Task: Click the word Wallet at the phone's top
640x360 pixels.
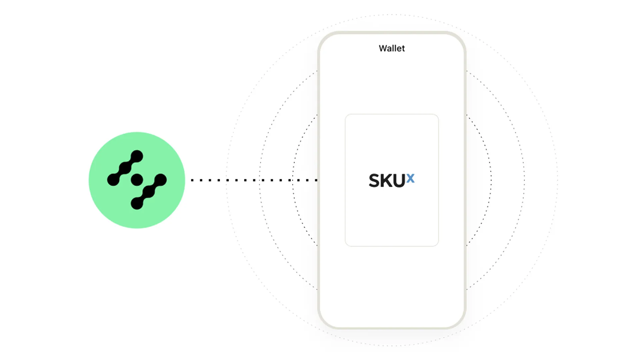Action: pyautogui.click(x=392, y=48)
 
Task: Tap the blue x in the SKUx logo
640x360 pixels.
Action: pyautogui.click(x=410, y=178)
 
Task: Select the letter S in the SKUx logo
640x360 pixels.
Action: pyautogui.click(x=375, y=180)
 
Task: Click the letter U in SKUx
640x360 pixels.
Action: pyautogui.click(x=400, y=180)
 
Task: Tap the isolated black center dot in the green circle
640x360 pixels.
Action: pyautogui.click(x=137, y=180)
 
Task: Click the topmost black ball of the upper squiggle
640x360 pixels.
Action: pyautogui.click(x=137, y=156)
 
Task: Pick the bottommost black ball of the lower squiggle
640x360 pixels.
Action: pyautogui.click(x=137, y=203)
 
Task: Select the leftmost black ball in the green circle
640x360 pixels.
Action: pyautogui.click(x=113, y=179)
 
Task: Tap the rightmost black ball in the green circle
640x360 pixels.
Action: pyautogui.click(x=160, y=180)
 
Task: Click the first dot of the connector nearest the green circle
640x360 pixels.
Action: pyautogui.click(x=192, y=180)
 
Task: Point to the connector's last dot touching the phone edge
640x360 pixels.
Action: pyautogui.click(x=316, y=180)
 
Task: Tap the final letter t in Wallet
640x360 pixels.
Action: pyautogui.click(x=403, y=49)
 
